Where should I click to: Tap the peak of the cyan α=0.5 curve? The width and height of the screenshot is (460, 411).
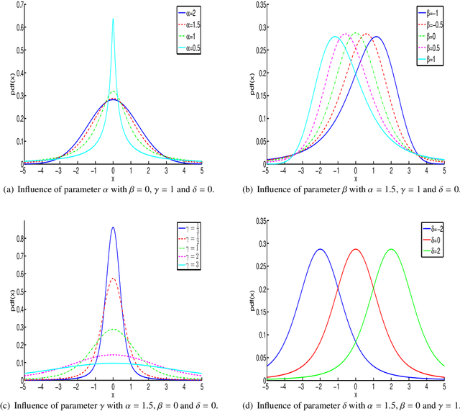pos(113,19)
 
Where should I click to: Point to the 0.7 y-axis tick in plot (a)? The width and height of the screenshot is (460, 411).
pos(17,4)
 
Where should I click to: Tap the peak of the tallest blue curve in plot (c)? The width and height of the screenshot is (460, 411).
pos(113,227)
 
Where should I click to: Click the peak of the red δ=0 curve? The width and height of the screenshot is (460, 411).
pos(356,250)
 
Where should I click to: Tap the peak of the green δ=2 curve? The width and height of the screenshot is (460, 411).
pos(391,250)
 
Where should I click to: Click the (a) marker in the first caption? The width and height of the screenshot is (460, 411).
pos(9,189)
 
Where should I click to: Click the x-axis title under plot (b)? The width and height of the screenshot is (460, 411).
pos(356,177)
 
